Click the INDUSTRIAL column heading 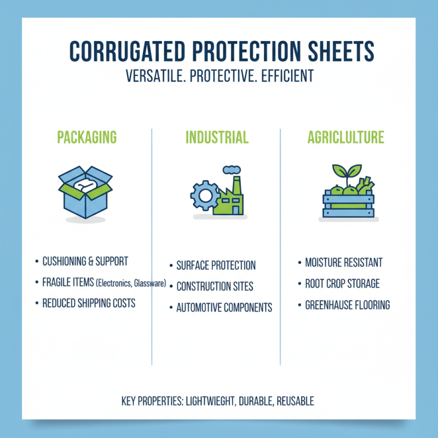[x=217, y=137]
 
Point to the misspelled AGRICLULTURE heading [x=345, y=137]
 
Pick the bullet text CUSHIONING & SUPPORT [x=85, y=262]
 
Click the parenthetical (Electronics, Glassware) [x=131, y=283]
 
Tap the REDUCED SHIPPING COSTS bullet [x=89, y=303]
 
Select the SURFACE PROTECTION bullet [x=216, y=266]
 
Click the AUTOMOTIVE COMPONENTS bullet [x=224, y=307]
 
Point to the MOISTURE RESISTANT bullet [x=343, y=263]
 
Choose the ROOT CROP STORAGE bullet [x=342, y=284]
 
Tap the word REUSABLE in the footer [x=295, y=401]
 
